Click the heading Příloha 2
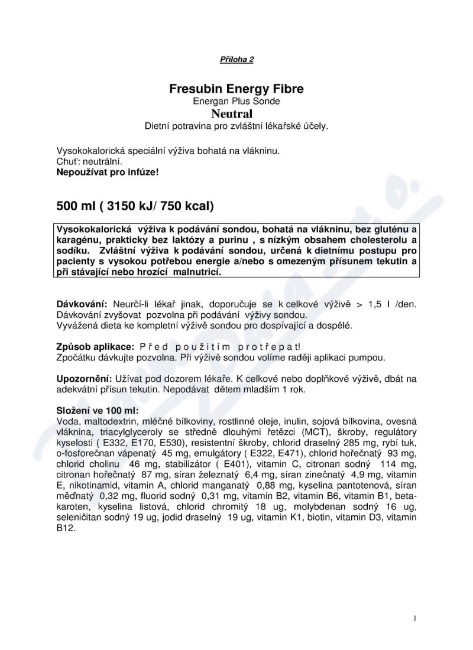pos(237,60)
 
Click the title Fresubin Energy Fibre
pos(237,90)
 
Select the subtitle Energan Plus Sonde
pos(237,102)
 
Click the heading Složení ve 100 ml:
pos(98,410)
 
